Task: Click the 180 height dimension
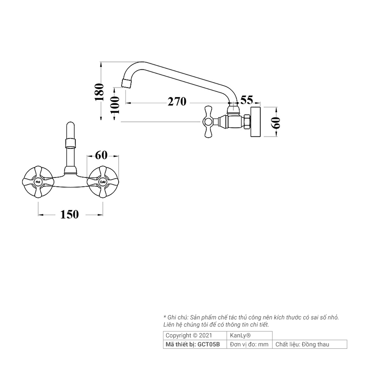click(x=99, y=92)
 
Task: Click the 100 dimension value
click(x=115, y=105)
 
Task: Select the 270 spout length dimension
click(x=177, y=102)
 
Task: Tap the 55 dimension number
click(x=247, y=100)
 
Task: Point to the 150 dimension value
click(x=69, y=214)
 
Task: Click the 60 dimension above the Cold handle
click(x=101, y=155)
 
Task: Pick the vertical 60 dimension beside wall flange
click(x=276, y=123)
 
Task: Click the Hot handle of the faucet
click(x=38, y=181)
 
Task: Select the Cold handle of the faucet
click(x=103, y=181)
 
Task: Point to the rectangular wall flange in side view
click(x=256, y=122)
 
